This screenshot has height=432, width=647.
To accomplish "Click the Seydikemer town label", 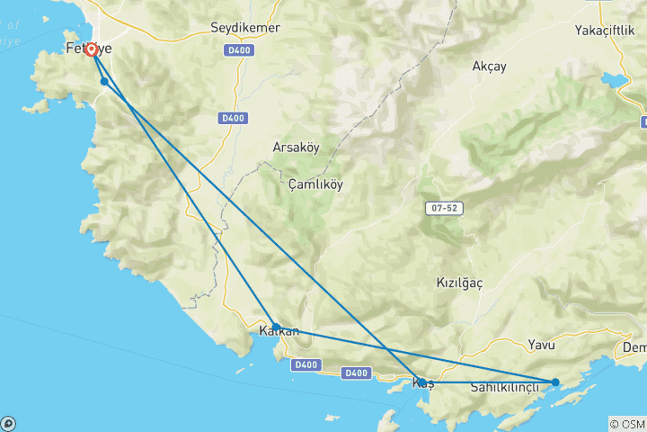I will pos(244,28).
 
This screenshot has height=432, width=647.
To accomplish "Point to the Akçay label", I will pos(489,66).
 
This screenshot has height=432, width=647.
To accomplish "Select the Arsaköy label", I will pos(296,147).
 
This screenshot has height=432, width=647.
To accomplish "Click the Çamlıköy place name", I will pos(315,184).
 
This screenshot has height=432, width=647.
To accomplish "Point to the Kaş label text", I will pos(422,385).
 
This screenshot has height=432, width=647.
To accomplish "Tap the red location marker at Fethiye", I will pos(92,50).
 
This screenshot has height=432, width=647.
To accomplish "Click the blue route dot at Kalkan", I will pos(276,327).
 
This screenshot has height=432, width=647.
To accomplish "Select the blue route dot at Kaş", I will pos(421,382).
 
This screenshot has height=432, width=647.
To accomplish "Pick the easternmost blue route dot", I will pos(555,382).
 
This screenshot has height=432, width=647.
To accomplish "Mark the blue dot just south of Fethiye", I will pos(105,82).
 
